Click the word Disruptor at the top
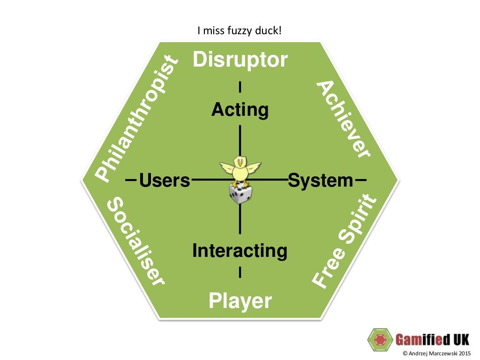pos(240,60)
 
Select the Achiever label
pos(344,119)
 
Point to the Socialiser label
pos(136,241)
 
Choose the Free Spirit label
pos(345,242)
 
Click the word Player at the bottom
pos(240,300)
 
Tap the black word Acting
pos(240,110)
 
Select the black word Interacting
pos(240,251)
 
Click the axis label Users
pos(165,180)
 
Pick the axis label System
pos(321,180)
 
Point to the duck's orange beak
pos(240,164)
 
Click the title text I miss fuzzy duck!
pos(240,31)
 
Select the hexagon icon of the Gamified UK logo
pos(380,339)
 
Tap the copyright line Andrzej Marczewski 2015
pos(436,353)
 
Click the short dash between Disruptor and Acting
pos(240,87)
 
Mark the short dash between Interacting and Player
pos(240,272)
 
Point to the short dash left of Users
pos(131,180)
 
